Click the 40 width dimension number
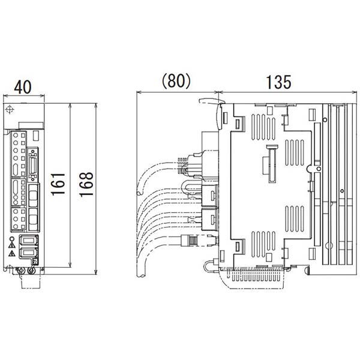click(23, 86)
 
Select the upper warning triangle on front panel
click(11, 245)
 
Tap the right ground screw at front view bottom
click(31, 271)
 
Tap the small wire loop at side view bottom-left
click(208, 265)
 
